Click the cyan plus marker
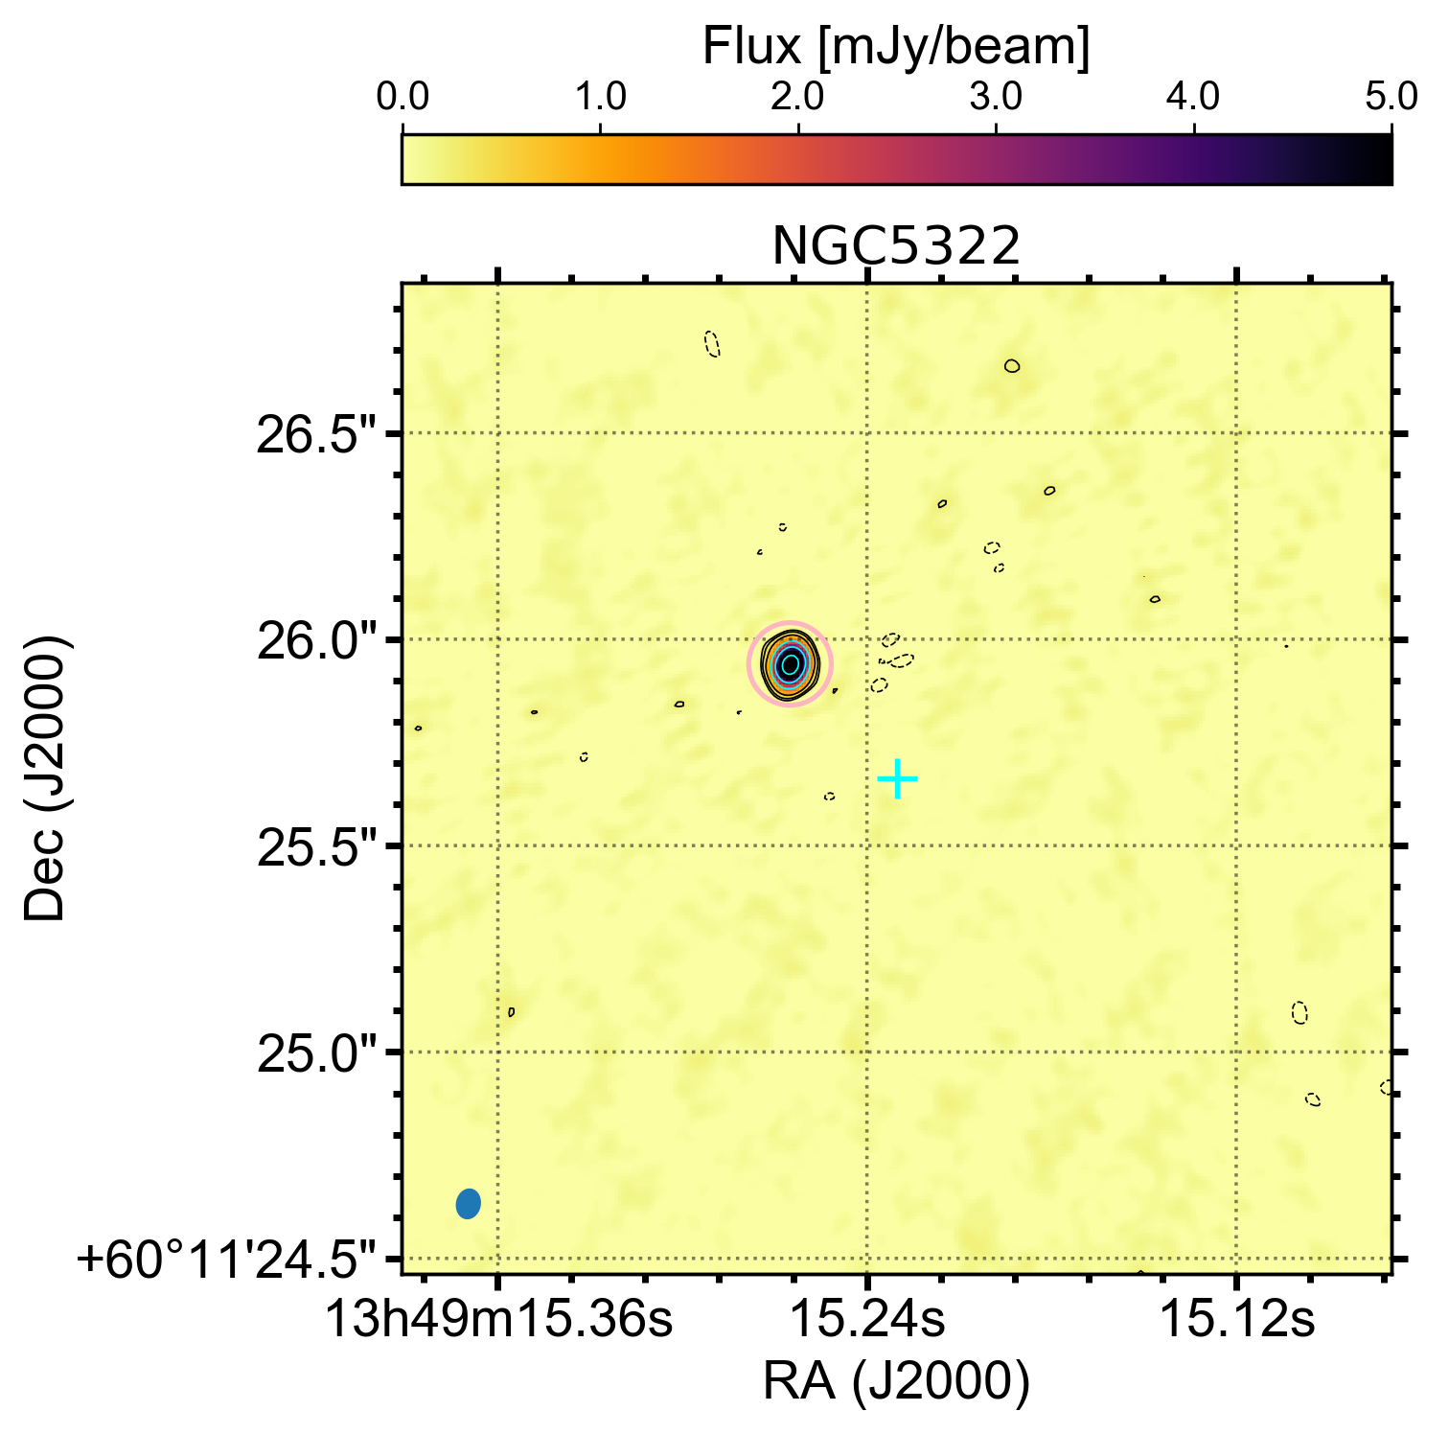(x=897, y=778)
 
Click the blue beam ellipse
(x=468, y=1203)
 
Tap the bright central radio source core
(x=790, y=663)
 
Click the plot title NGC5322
(x=896, y=247)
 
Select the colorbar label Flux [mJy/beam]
(x=896, y=47)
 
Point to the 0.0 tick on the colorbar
(x=402, y=98)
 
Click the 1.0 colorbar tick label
(x=600, y=98)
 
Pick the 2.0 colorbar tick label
(x=797, y=98)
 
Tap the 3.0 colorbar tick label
(x=996, y=98)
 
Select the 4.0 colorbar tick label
(x=1194, y=98)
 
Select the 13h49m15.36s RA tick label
(x=498, y=1319)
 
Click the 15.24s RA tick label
(x=867, y=1319)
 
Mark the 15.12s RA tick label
(x=1237, y=1319)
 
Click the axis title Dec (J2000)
(x=45, y=777)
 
